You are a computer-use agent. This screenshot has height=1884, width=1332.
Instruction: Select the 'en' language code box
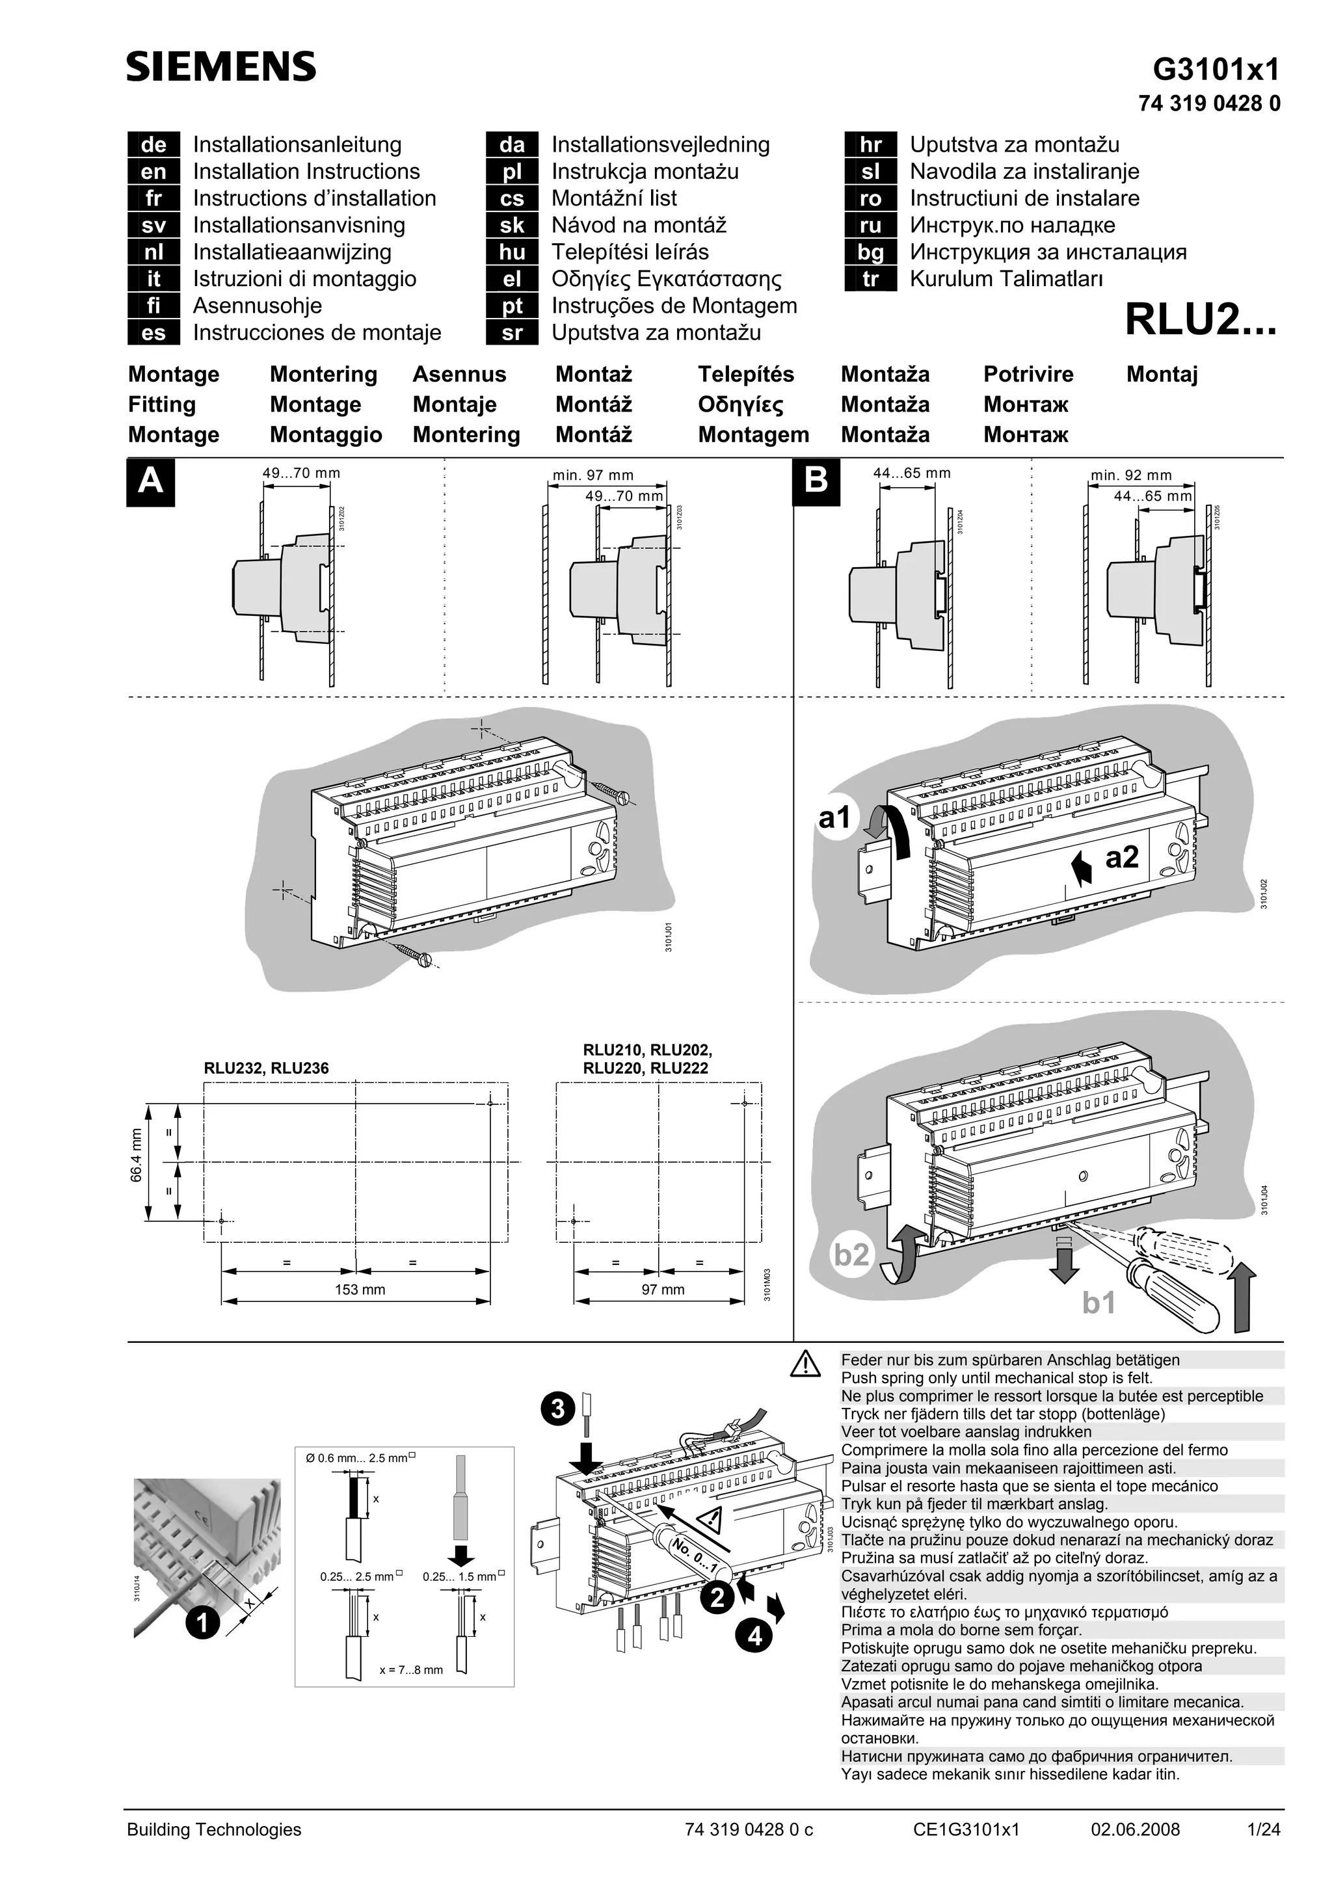pos(153,172)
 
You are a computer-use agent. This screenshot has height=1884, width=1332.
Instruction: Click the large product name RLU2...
pos(1200,320)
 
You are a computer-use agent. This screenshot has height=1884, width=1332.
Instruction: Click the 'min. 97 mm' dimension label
pos(593,475)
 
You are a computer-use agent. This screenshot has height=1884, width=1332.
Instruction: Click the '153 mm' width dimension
pos(360,1289)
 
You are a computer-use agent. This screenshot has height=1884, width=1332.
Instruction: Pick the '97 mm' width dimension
pos(662,1289)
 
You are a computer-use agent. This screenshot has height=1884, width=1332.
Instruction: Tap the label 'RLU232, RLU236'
pos(266,1068)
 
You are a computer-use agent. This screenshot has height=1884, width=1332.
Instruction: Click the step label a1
pos(836,818)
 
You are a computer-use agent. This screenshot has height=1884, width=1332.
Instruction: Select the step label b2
pos(851,1254)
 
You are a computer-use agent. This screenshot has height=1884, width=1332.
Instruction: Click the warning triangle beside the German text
pos(806,1364)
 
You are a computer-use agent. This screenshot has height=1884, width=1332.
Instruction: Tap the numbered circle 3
pos(558,1408)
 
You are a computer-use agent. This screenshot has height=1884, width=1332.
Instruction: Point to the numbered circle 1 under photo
pos(202,1623)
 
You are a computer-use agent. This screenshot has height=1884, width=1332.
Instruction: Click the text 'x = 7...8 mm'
pos(410,1670)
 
